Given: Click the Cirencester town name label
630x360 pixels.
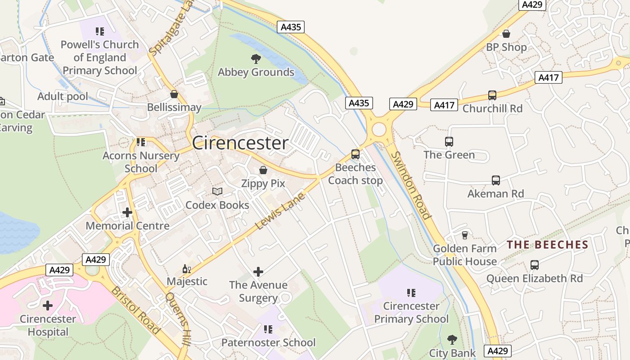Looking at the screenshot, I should pos(240,143).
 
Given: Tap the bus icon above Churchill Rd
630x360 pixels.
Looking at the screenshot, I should pos(492,95).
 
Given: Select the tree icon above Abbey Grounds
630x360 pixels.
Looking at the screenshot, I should pos(256,58).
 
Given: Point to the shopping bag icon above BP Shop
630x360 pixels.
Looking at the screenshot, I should pos(506,34).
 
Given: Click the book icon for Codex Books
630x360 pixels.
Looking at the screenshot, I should pos(217,192).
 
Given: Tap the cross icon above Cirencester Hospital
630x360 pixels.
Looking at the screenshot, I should pos(48,306).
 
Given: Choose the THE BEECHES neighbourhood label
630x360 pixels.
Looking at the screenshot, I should pos(548,245).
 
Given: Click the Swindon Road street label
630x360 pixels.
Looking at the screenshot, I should pos(411,185).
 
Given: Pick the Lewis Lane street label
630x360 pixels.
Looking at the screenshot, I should pos(280,211).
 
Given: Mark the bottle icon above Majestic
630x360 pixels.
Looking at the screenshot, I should pos(187,269).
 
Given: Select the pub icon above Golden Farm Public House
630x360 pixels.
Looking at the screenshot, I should pos(465,235).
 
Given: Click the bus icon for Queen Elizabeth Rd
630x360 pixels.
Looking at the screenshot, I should pos(535,265).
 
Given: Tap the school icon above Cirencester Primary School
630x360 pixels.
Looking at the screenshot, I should pos(411,293).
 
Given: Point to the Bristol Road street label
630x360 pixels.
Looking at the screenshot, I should pos(136,310).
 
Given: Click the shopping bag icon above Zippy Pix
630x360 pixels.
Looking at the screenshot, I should pos(263,170).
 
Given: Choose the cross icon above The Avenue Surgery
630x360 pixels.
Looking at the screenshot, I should pos(258,271).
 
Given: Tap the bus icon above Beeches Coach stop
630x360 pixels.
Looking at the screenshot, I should pos(355,154).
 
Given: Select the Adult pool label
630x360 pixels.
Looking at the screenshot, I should pos(63,96).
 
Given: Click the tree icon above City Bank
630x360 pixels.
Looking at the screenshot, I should pos(452,340).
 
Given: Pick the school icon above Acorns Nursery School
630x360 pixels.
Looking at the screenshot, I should pos(141,142).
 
